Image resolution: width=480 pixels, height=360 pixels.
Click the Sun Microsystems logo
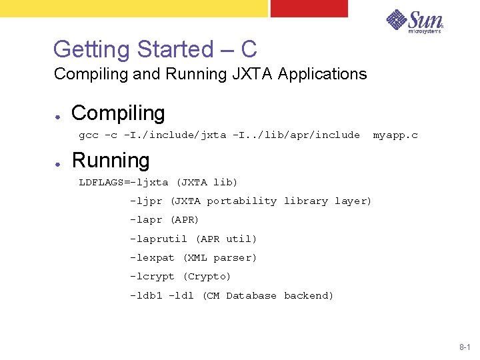tap(415, 21)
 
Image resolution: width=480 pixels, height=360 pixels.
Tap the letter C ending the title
tap(249, 49)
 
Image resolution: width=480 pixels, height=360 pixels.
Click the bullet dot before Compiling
tap(59, 114)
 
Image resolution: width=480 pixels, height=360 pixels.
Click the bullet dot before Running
tap(59, 161)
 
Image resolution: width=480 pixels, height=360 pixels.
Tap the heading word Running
tap(111, 161)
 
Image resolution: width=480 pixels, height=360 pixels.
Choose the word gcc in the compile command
tap(89, 135)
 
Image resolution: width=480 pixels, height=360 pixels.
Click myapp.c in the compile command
tap(395, 135)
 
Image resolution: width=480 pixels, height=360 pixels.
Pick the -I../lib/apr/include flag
tap(296, 135)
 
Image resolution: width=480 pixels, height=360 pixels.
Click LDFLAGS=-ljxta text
tap(123, 182)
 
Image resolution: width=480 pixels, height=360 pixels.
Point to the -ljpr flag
tap(146, 201)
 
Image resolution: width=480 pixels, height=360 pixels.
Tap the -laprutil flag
tap(159, 239)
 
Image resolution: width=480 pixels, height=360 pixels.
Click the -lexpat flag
tap(152, 257)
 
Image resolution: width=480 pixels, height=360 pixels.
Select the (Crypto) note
tap(207, 276)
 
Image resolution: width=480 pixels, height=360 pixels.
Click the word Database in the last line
tap(251, 295)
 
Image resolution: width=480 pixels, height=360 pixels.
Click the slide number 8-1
tap(465, 347)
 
